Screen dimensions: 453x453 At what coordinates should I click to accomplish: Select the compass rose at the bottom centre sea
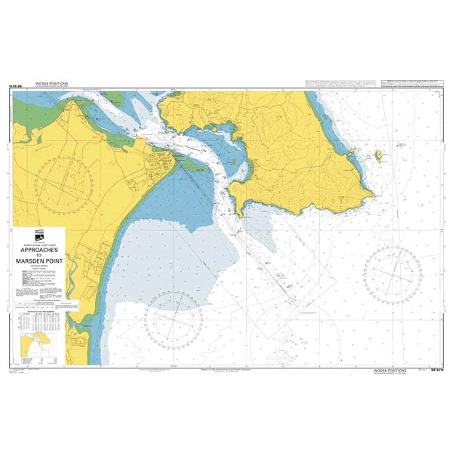pos(174,317)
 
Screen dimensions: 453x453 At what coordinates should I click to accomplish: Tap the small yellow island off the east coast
pos(378,156)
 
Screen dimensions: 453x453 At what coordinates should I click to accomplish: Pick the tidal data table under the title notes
pos(47,307)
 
